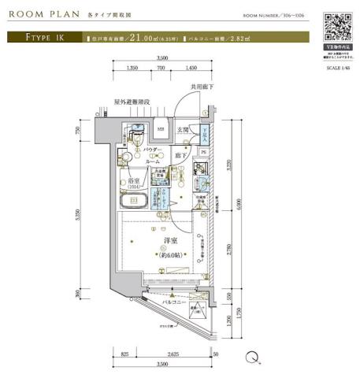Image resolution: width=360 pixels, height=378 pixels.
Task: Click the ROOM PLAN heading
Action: click(x=42, y=14)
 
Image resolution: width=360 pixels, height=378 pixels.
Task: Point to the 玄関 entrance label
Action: click(x=183, y=130)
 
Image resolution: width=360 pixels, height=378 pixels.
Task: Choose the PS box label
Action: click(x=203, y=152)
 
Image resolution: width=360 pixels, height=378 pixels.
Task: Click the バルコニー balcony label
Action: click(x=174, y=302)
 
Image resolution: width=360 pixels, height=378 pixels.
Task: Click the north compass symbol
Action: click(x=252, y=357)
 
